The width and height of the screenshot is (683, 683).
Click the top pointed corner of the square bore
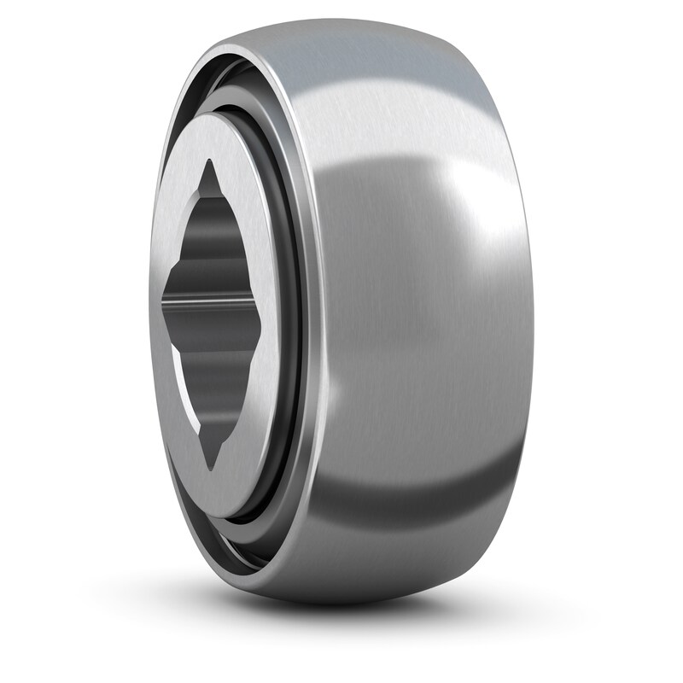pyautogui.click(x=211, y=161)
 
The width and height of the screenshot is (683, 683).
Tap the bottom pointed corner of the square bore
pyautogui.click(x=213, y=467)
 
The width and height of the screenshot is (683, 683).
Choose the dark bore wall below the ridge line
pyautogui.click(x=213, y=359)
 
